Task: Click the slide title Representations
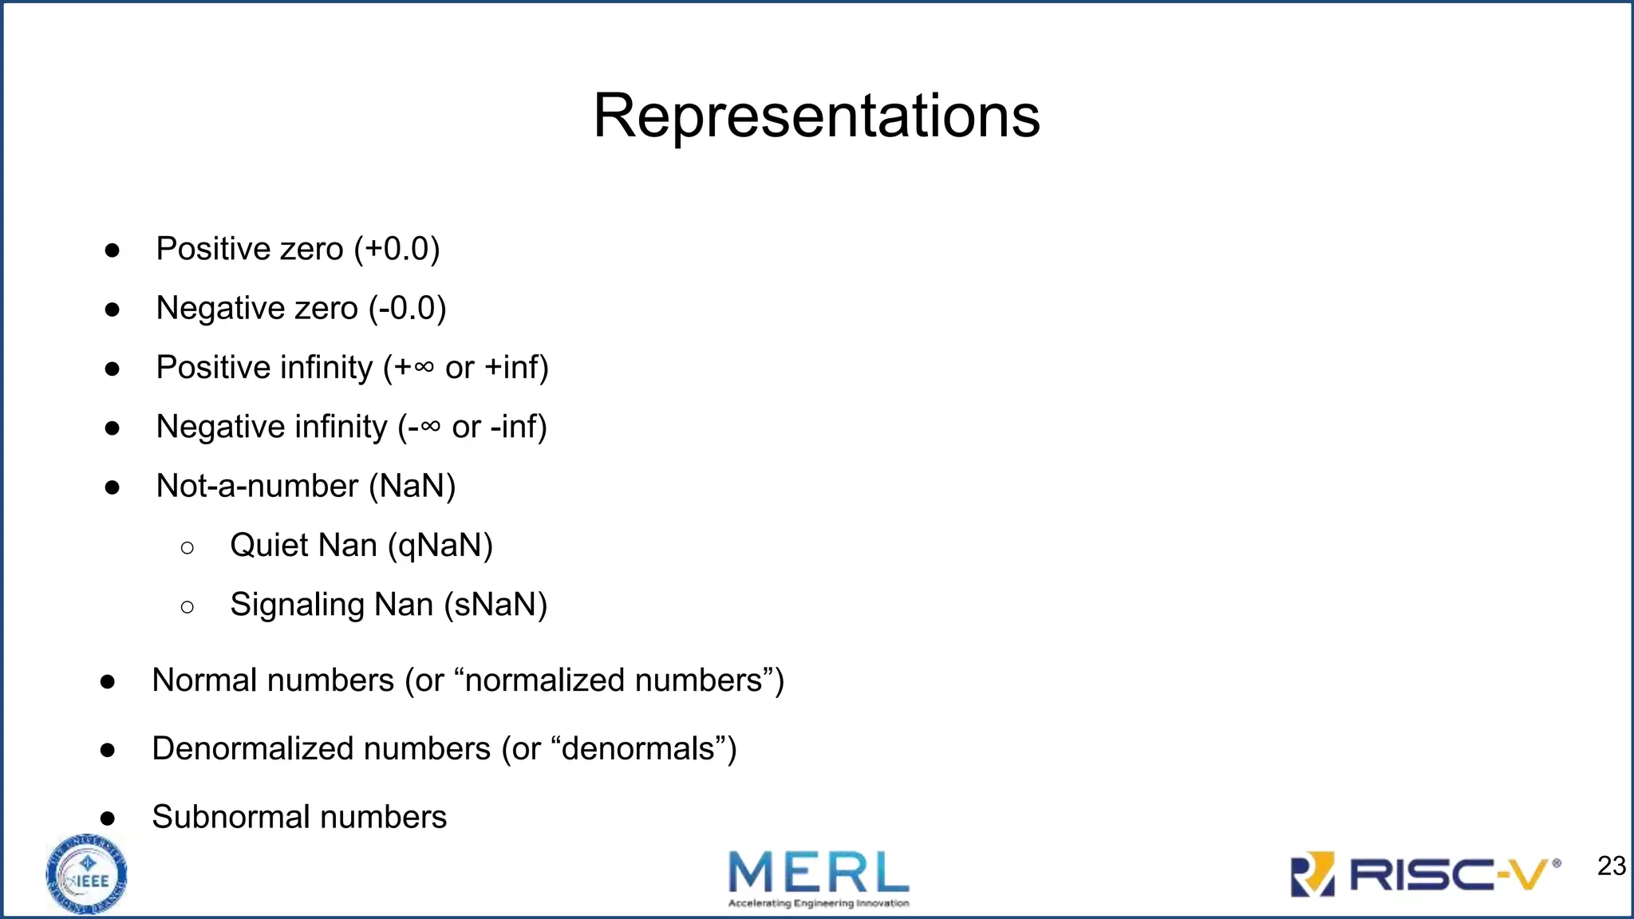tap(816, 116)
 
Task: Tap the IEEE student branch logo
tap(87, 874)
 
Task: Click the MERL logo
tap(819, 878)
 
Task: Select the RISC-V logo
tap(1425, 874)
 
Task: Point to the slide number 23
tap(1611, 866)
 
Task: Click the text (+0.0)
tap(397, 249)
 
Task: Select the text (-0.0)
tap(407, 308)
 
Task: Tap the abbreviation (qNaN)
tap(440, 546)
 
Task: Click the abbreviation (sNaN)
tap(495, 605)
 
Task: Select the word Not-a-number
tap(257, 486)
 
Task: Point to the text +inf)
tap(516, 368)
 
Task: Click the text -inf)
tap(518, 427)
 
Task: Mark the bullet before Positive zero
tap(112, 250)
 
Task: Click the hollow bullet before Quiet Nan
tap(187, 547)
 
